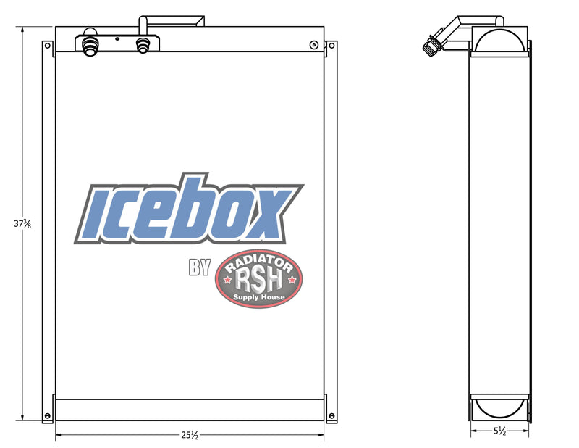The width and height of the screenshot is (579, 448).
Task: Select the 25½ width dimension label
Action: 190,436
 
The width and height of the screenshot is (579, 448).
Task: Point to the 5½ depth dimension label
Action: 499,430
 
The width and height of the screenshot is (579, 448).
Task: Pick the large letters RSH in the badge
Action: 258,278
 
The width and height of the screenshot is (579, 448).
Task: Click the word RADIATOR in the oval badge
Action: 258,263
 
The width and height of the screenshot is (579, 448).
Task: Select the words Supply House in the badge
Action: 258,296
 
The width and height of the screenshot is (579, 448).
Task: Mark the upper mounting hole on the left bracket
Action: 48,46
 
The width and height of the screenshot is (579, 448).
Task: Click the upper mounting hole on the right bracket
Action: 331,46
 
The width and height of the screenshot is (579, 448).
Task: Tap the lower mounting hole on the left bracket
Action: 48,416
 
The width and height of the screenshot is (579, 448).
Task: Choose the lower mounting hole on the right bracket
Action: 331,416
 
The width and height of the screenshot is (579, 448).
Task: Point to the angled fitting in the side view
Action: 434,42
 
